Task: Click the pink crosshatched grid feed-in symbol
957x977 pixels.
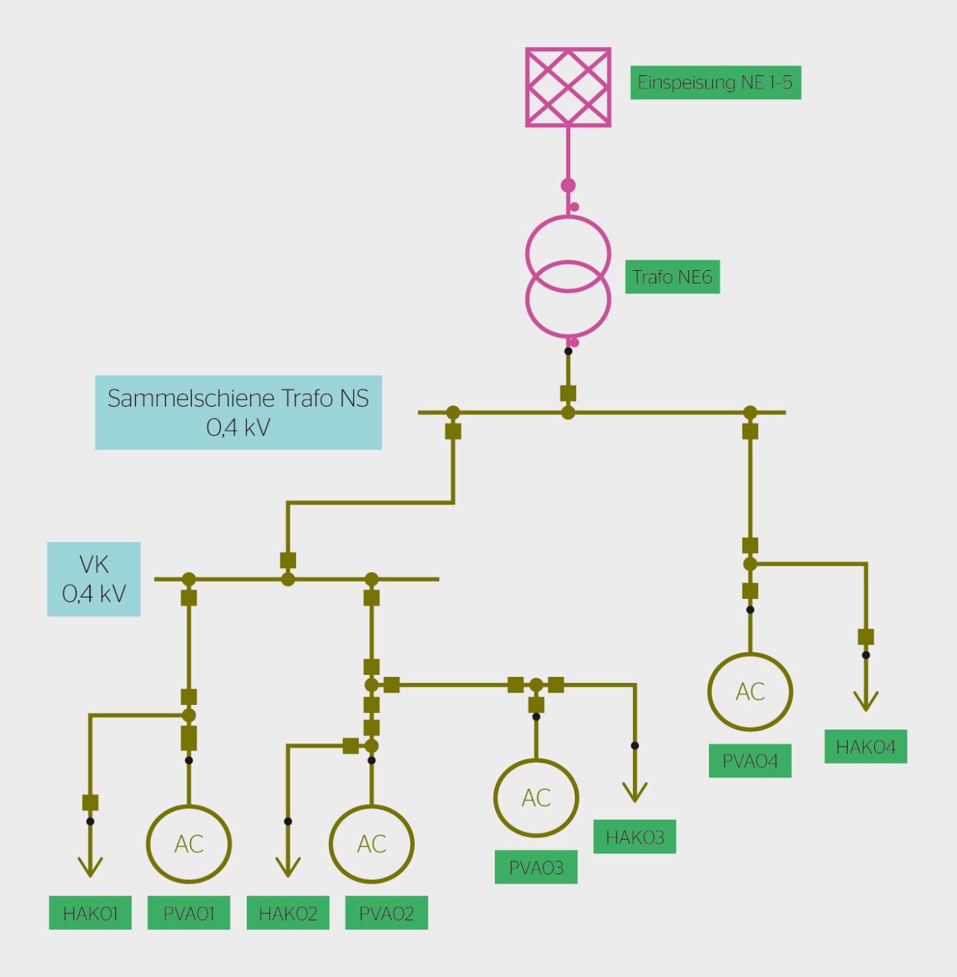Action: [x=568, y=88]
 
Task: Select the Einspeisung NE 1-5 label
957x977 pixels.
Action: [x=716, y=82]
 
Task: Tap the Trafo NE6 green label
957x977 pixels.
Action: [x=673, y=277]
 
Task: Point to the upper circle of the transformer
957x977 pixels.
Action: [x=568, y=217]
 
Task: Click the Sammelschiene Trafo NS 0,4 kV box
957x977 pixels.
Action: [x=239, y=412]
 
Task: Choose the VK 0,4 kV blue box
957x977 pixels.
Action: [x=94, y=579]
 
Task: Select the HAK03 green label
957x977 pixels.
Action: [x=635, y=837]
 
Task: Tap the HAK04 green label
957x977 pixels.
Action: [x=865, y=747]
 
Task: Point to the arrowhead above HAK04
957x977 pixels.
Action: [x=865, y=704]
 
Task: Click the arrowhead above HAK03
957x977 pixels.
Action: [x=635, y=794]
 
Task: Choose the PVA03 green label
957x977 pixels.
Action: [x=536, y=868]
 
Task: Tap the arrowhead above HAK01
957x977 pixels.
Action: [x=90, y=869]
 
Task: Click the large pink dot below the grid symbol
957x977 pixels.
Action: [x=568, y=185]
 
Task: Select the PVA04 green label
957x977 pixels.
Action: [x=750, y=761]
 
